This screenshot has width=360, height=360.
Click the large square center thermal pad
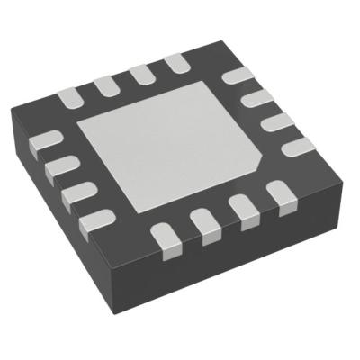point(171,143)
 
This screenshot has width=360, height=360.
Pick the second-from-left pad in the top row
point(105,83)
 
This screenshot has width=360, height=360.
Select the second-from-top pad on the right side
point(259,98)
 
